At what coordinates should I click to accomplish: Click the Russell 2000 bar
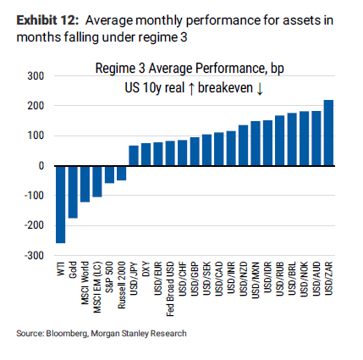point(121,150)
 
